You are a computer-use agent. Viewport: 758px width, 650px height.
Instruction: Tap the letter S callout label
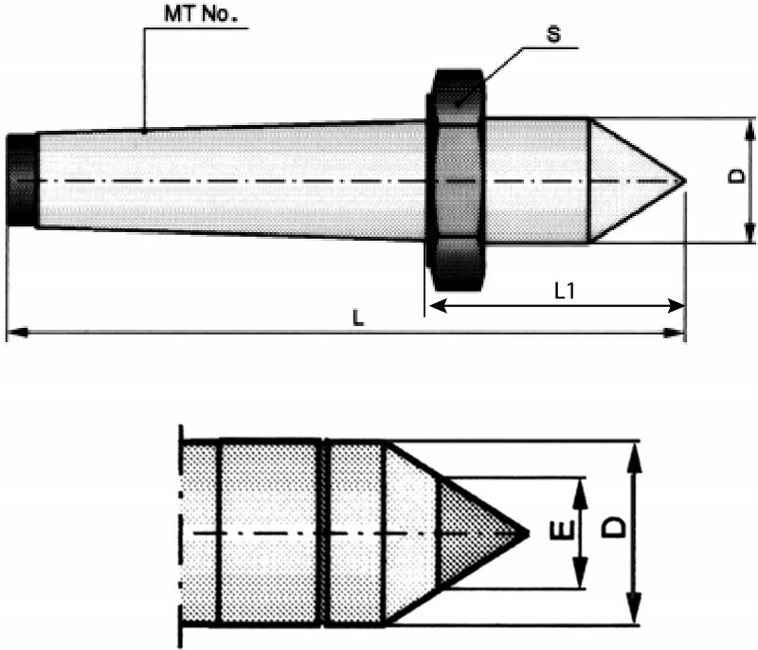[552, 35]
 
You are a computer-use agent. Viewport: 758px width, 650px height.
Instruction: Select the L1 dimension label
[565, 292]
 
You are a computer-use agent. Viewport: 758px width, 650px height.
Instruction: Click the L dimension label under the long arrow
[358, 319]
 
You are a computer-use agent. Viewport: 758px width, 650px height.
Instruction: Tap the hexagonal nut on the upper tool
[459, 180]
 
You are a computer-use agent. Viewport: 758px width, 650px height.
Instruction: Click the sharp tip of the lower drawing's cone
[526, 533]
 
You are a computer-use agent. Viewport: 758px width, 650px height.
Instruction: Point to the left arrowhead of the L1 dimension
[435, 306]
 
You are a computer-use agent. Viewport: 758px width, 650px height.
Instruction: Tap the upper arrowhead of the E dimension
[581, 484]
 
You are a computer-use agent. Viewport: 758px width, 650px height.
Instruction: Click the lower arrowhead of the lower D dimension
[635, 615]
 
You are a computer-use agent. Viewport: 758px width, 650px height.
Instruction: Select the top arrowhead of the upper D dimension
[749, 126]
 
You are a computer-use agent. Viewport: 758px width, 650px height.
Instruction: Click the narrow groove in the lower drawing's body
[320, 533]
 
